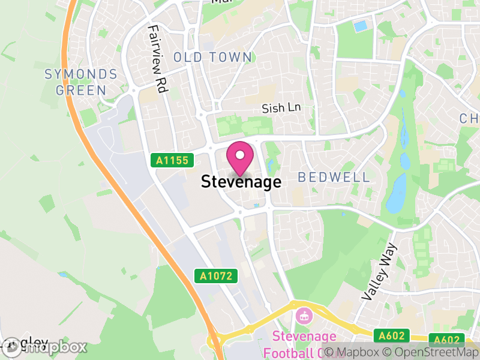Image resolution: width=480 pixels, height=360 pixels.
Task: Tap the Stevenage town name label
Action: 241,182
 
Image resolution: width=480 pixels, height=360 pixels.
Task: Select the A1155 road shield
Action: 172,160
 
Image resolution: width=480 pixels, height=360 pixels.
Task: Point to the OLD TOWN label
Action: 213,58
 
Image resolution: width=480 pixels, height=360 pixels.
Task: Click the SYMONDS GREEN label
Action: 81,82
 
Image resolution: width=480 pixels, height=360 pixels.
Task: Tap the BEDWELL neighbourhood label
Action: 334,178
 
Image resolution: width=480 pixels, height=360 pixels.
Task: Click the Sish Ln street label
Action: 281,109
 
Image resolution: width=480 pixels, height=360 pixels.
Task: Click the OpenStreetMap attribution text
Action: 431,352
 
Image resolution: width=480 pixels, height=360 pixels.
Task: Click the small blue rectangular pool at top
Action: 361,26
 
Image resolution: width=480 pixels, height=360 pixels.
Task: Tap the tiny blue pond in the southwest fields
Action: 64,274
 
